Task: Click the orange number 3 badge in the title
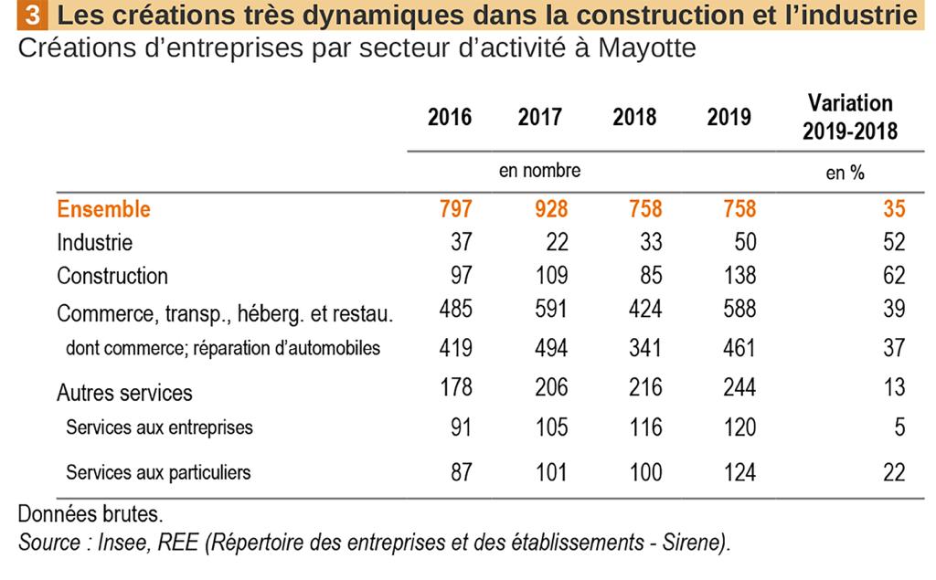(32, 16)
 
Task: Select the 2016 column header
(450, 118)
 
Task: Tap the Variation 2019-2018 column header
(849, 117)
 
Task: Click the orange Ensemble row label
(103, 209)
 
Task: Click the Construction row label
(112, 276)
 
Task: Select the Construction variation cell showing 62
(894, 276)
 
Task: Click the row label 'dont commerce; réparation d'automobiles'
(222, 348)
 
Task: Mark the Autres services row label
(124, 393)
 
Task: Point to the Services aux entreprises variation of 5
(899, 427)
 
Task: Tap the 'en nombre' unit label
(539, 171)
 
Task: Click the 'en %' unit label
(845, 173)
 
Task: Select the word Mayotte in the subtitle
(646, 47)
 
